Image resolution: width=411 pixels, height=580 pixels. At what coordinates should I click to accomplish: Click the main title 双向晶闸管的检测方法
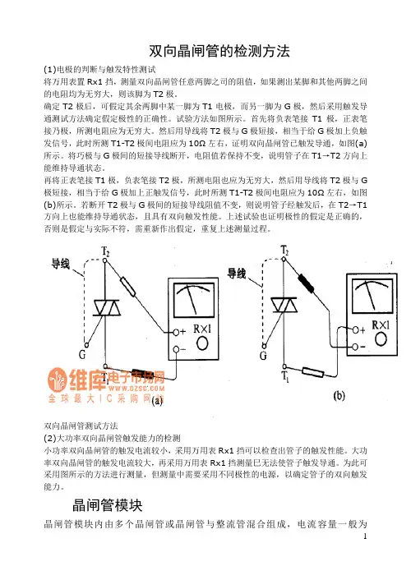(x=219, y=51)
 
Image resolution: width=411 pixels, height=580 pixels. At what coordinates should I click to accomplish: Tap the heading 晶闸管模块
(x=108, y=505)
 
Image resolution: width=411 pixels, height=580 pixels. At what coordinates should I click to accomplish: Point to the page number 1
(x=365, y=536)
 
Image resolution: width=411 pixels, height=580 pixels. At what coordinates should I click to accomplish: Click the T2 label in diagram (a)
(x=105, y=251)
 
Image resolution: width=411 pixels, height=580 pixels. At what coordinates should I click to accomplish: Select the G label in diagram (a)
(x=82, y=354)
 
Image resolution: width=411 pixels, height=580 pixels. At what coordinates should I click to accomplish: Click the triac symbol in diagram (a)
(x=107, y=308)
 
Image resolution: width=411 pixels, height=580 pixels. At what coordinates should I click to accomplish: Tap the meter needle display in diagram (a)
(x=194, y=300)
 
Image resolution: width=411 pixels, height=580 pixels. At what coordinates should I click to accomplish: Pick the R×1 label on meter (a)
(x=202, y=329)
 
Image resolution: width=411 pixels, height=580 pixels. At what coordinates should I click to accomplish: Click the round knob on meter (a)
(x=202, y=343)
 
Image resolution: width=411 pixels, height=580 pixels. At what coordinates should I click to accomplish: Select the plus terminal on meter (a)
(x=176, y=332)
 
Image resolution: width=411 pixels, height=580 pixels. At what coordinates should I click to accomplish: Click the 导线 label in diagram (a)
(x=60, y=264)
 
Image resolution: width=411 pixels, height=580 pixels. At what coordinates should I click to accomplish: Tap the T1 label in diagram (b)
(x=285, y=376)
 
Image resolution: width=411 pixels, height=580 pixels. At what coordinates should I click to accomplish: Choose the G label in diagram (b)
(x=263, y=356)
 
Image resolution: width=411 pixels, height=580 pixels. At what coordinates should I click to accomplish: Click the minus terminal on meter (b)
(x=355, y=347)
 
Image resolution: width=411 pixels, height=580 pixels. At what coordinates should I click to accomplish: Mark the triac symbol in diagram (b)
(x=284, y=305)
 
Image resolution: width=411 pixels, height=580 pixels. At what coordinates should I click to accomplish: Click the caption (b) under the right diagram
(x=339, y=396)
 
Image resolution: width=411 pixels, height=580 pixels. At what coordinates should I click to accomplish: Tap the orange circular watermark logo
(x=58, y=380)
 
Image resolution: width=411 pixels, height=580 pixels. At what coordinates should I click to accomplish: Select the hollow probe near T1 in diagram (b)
(x=313, y=372)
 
